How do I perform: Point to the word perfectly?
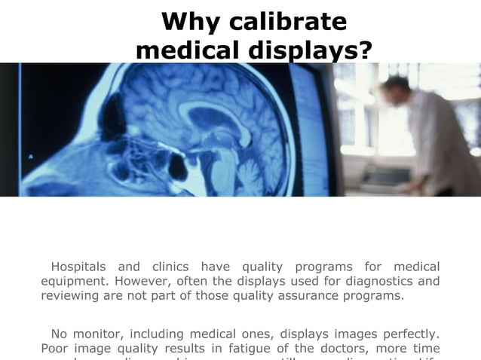pyautogui.click(x=409, y=333)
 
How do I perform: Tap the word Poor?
pyautogui.click(x=55, y=348)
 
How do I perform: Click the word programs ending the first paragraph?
pyautogui.click(x=370, y=296)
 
